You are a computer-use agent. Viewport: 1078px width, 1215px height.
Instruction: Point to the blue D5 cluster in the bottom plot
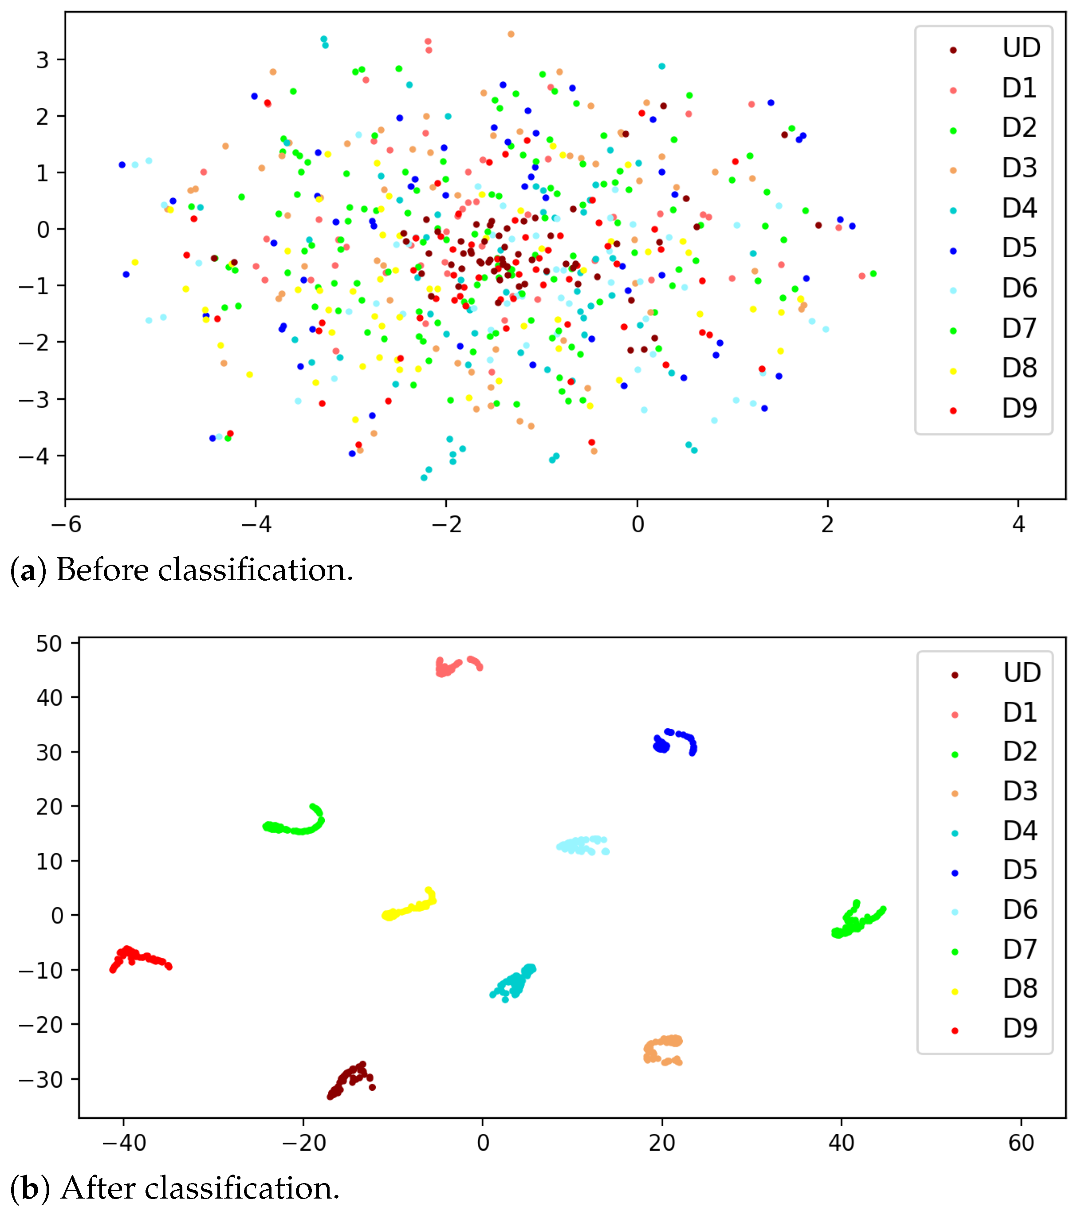point(675,742)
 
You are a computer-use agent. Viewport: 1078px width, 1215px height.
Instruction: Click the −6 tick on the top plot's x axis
point(66,524)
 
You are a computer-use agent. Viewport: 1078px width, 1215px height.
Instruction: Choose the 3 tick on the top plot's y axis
point(43,60)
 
